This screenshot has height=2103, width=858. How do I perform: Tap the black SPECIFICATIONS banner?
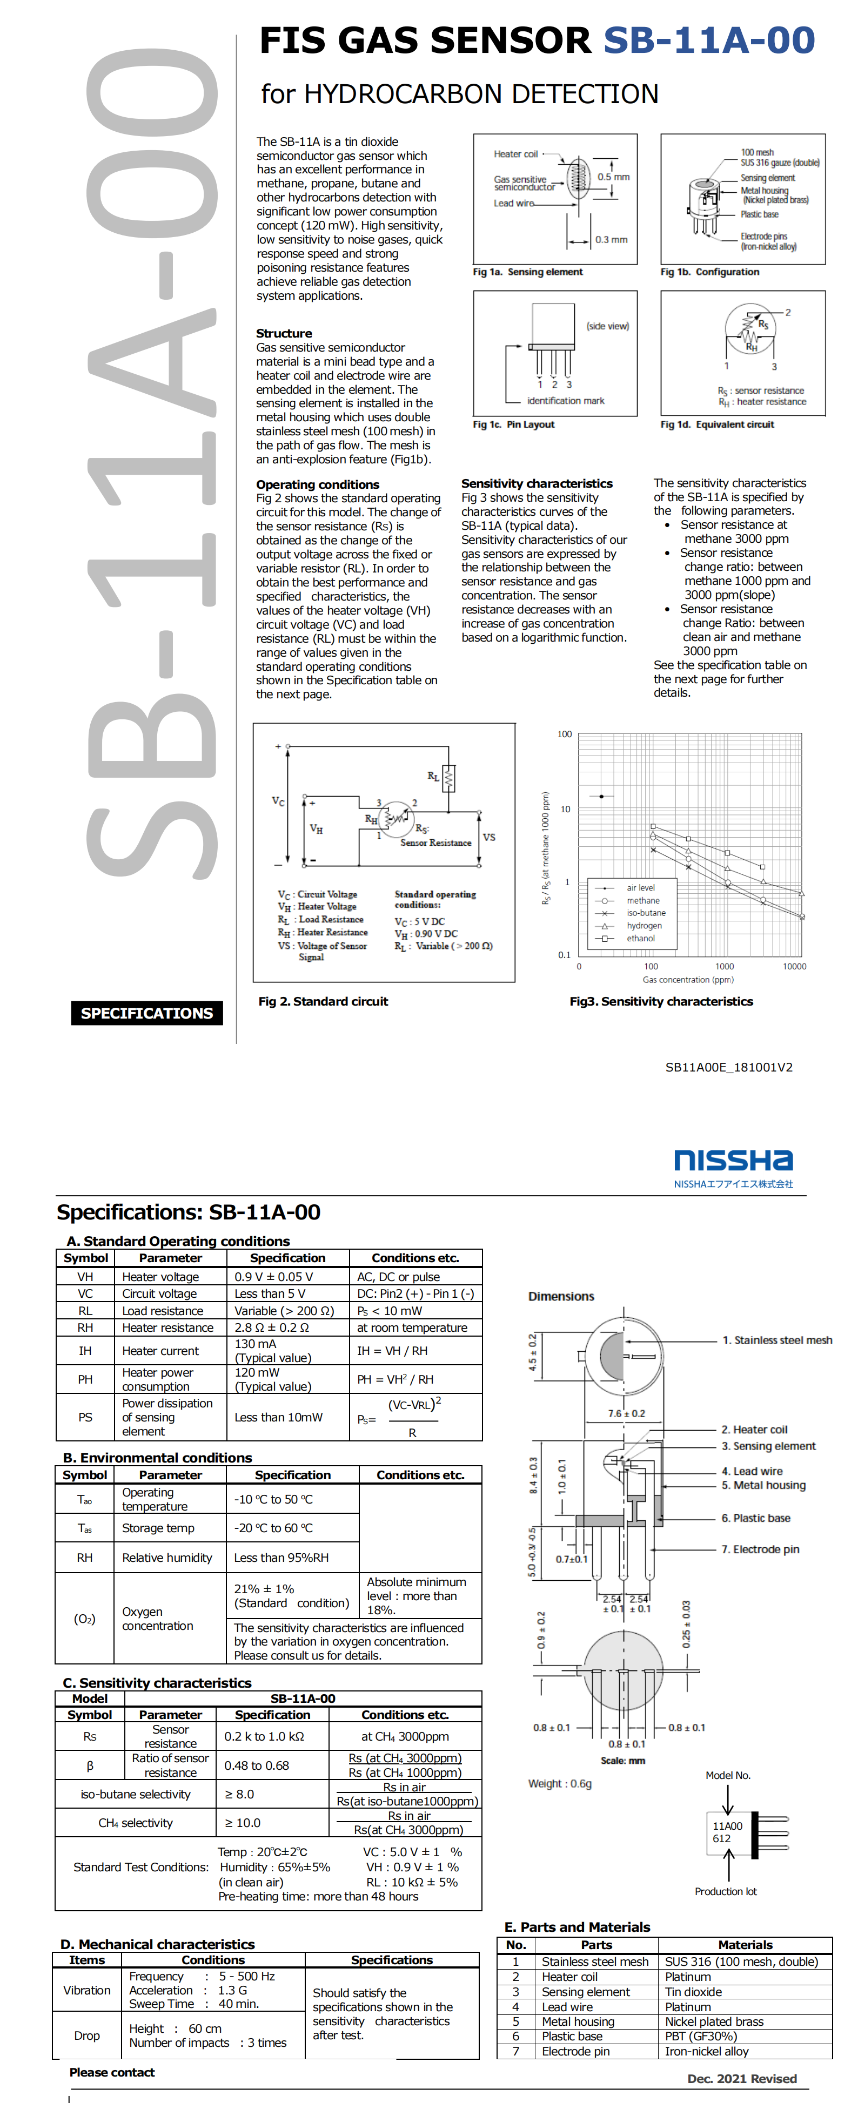[x=147, y=1013]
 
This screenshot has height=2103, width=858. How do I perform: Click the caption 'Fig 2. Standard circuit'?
[x=323, y=1002]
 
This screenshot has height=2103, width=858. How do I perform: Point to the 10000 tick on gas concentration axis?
[x=794, y=967]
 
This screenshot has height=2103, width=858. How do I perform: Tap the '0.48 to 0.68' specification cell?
[x=256, y=1766]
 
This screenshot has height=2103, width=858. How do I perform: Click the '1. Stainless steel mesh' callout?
[x=776, y=1340]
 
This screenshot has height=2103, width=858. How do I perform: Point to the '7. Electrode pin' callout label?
[x=760, y=1549]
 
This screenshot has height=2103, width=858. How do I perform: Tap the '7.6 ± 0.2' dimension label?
[x=626, y=1413]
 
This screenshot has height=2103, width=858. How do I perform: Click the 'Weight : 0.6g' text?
[x=560, y=1784]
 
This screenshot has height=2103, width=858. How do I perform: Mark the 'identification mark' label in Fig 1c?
[x=566, y=401]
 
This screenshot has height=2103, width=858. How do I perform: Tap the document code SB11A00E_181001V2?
[x=728, y=1067]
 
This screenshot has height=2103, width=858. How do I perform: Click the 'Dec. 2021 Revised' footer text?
[x=741, y=2079]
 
